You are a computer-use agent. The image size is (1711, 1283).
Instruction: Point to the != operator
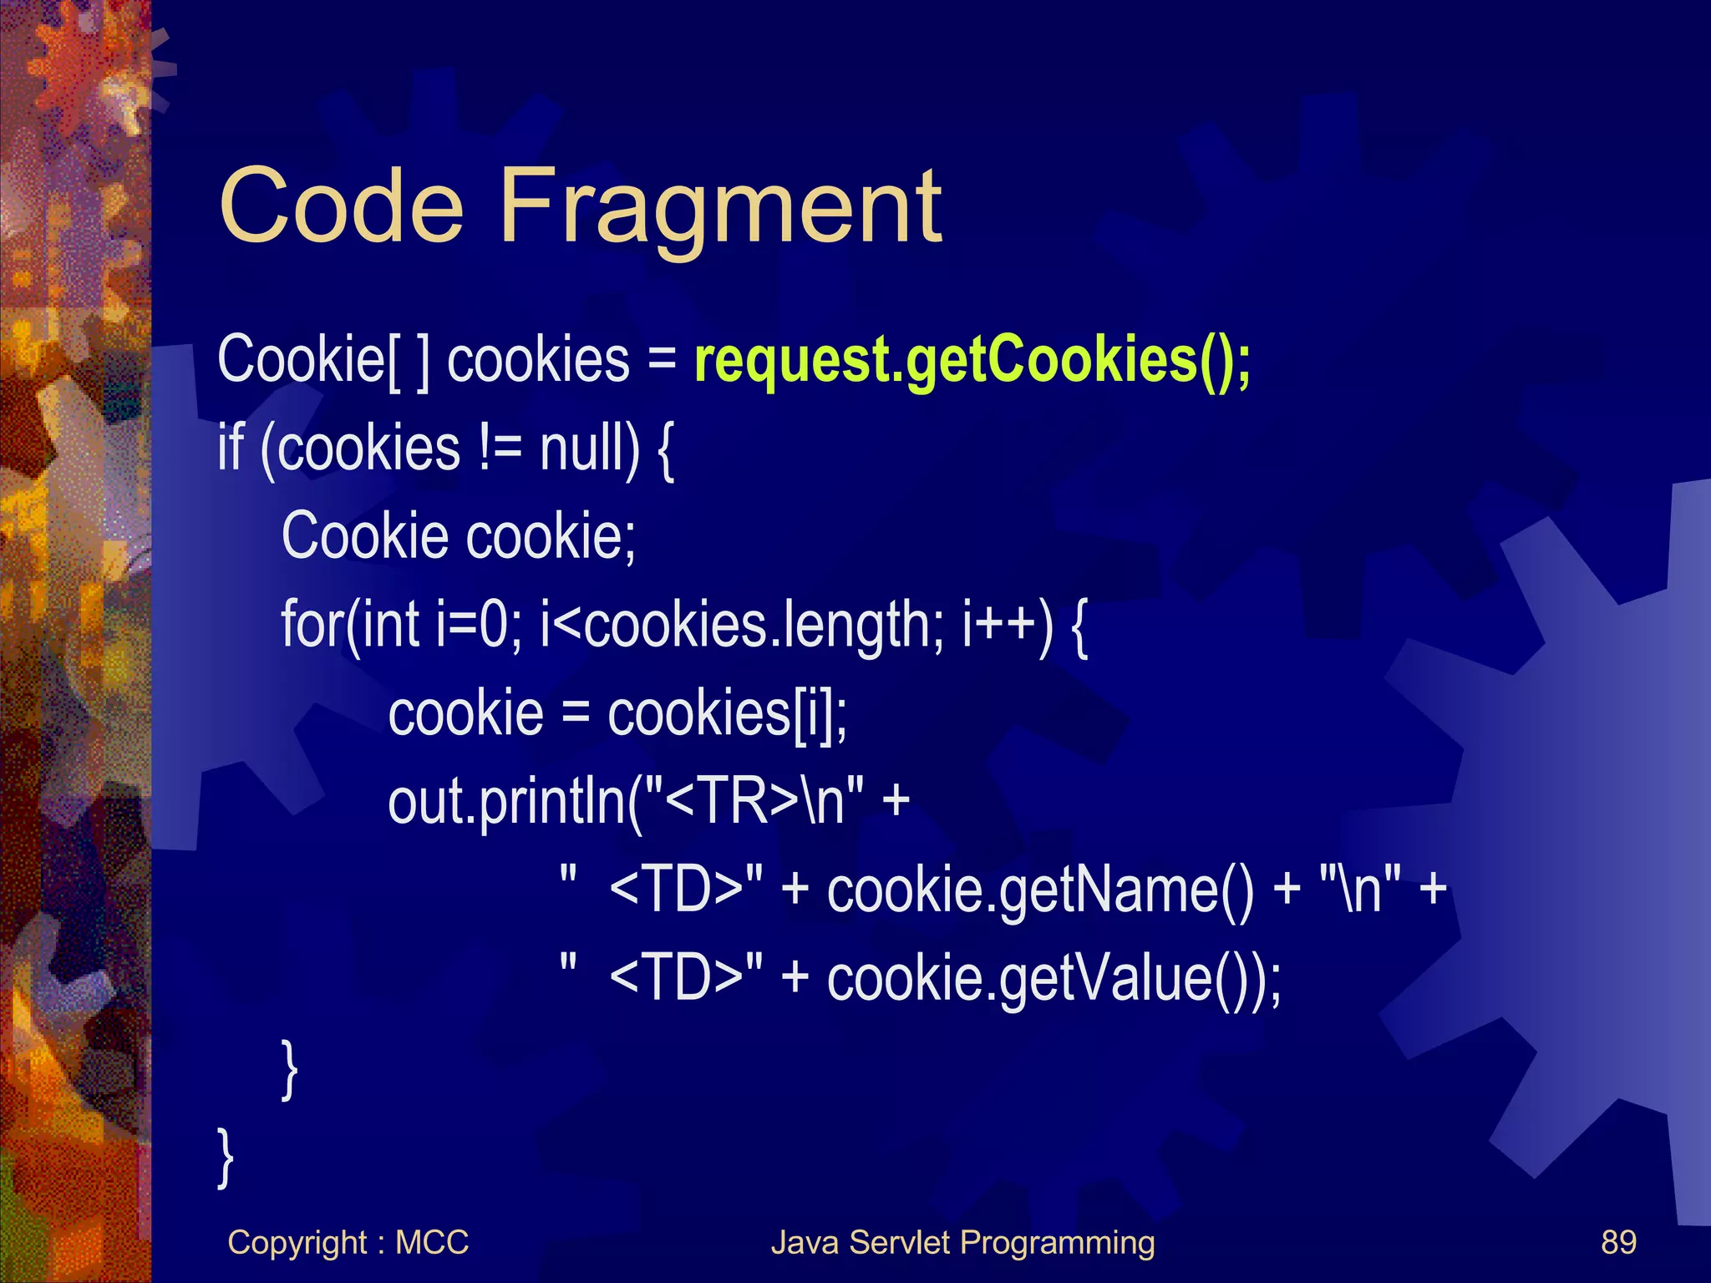pyautogui.click(x=500, y=449)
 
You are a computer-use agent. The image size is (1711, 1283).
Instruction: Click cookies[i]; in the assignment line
pyautogui.click(x=727, y=714)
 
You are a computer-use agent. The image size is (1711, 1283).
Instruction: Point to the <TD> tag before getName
pyautogui.click(x=677, y=890)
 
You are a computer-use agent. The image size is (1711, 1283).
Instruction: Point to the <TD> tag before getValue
pyautogui.click(x=677, y=979)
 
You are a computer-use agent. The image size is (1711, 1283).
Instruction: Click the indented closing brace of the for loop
pyautogui.click(x=289, y=1069)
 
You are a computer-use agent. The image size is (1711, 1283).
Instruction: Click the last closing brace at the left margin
pyautogui.click(x=225, y=1158)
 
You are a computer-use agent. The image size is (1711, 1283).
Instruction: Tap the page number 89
pyautogui.click(x=1618, y=1243)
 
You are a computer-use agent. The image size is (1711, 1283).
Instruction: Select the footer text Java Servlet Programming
pyautogui.click(x=962, y=1243)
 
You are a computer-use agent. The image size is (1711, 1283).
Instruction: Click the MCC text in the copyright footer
pyautogui.click(x=432, y=1243)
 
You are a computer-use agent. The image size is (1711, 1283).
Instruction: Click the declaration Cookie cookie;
pyautogui.click(x=459, y=536)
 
